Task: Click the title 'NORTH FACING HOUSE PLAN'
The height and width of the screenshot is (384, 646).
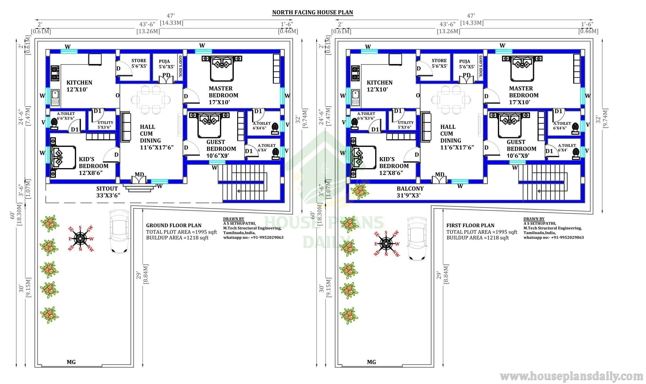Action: (313, 12)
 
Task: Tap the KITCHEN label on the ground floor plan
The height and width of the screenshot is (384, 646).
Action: (79, 83)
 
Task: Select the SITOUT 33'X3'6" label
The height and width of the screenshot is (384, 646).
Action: (108, 192)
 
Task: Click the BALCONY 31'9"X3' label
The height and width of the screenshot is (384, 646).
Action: (410, 192)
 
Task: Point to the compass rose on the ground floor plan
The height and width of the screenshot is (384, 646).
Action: (81, 238)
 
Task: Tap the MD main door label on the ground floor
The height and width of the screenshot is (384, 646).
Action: (139, 175)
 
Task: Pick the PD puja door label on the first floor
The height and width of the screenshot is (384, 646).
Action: (467, 75)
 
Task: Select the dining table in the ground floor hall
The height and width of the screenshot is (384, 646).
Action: (150, 99)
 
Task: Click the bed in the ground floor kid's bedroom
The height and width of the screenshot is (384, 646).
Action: (63, 157)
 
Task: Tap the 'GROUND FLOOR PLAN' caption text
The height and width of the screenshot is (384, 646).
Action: (174, 225)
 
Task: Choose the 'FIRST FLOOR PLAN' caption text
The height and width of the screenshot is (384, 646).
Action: (470, 225)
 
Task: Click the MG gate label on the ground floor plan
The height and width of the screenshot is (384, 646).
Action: (71, 362)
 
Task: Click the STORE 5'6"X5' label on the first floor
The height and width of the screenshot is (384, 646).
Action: (439, 63)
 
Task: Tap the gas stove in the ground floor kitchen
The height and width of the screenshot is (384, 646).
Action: (55, 73)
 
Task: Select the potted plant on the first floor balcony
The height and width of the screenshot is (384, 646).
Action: (360, 191)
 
